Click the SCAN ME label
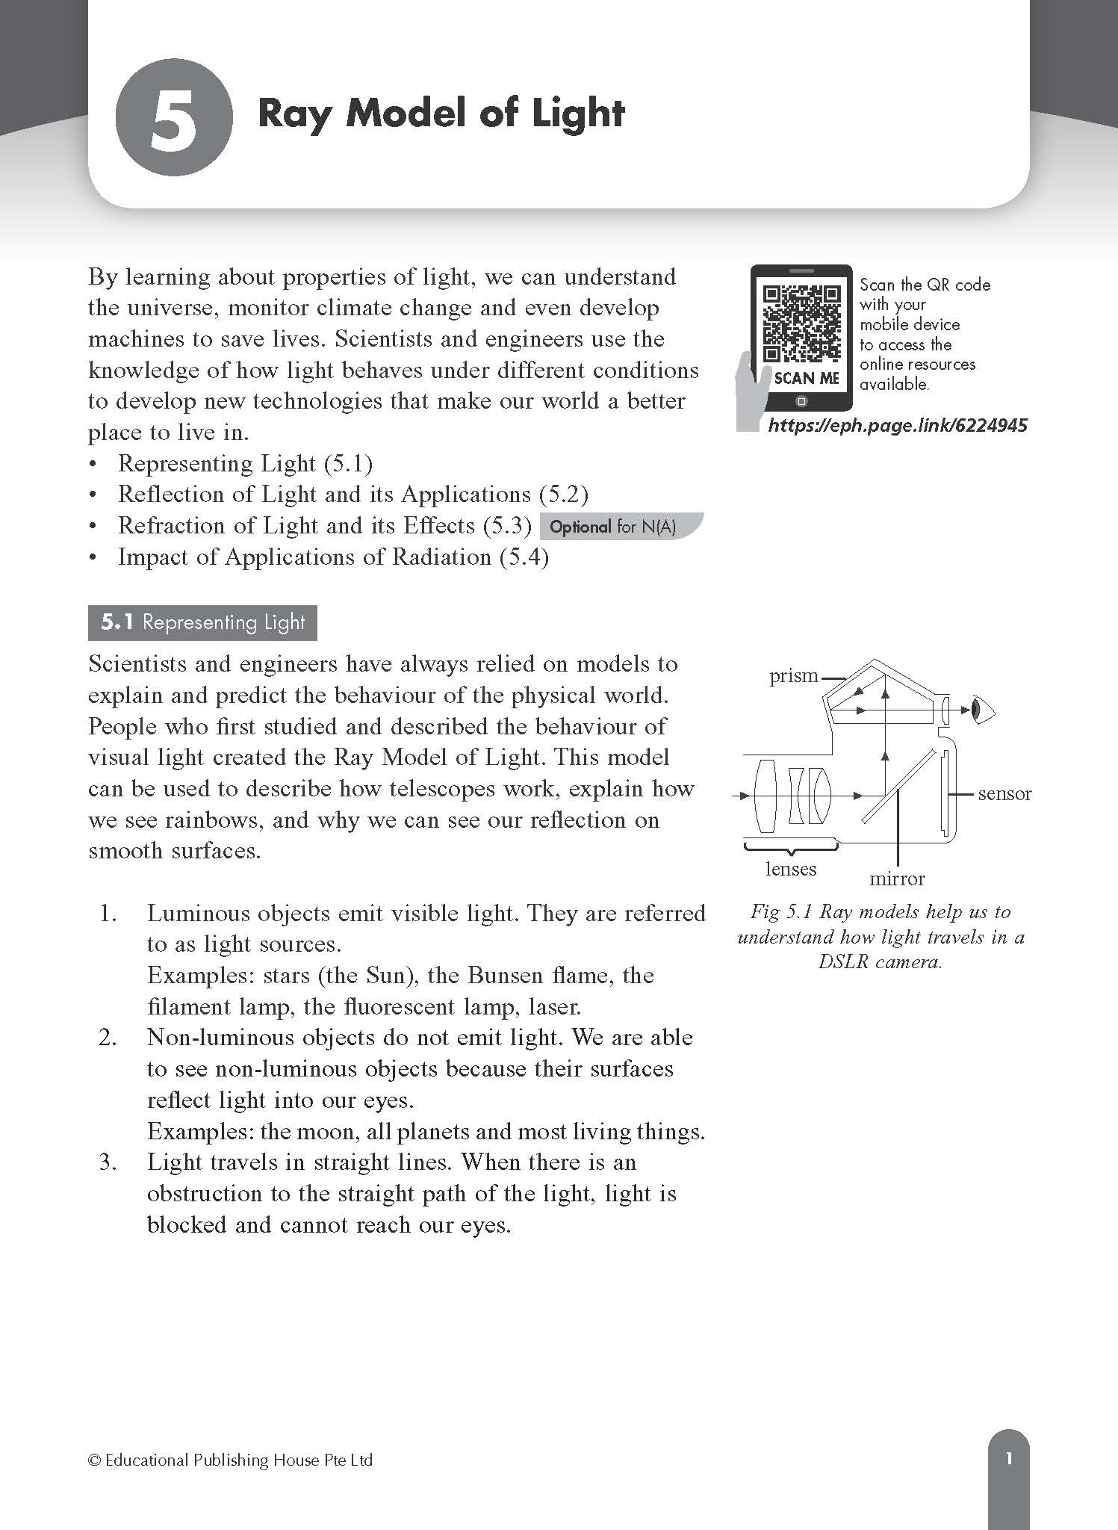pyautogui.click(x=807, y=378)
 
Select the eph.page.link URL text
pyautogui.click(x=898, y=426)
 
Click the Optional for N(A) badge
pyautogui.click(x=613, y=527)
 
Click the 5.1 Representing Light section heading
pyautogui.click(x=202, y=622)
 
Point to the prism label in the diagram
pyautogui.click(x=794, y=675)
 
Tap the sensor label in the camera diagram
pyautogui.click(x=1004, y=793)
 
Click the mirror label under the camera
pyautogui.click(x=896, y=879)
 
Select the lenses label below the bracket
pyautogui.click(x=791, y=869)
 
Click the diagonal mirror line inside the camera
pyautogui.click(x=898, y=787)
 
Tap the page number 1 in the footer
pyautogui.click(x=1008, y=1458)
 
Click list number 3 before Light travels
pyautogui.click(x=108, y=1162)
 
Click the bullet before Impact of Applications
pyautogui.click(x=93, y=557)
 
